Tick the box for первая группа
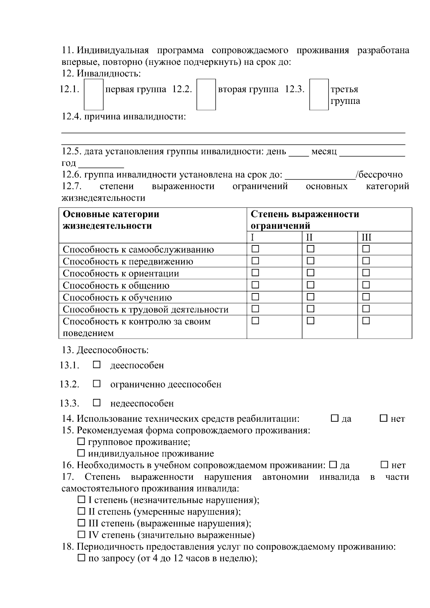tap(94, 94)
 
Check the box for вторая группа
tap(206, 94)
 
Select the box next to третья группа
tap(319, 94)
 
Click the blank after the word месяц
tap(372, 152)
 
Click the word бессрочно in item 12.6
tap(381, 175)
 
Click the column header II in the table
tap(309, 237)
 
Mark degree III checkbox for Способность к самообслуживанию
tap(366, 249)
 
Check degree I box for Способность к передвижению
tap(255, 260)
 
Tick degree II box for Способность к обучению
tap(311, 297)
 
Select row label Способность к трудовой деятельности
tap(145, 309)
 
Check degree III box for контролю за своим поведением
tap(366, 321)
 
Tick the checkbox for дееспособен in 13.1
tap(97, 365)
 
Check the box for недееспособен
tap(97, 403)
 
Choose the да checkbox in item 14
tap(335, 418)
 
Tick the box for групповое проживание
tap(82, 442)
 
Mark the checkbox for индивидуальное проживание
tap(82, 453)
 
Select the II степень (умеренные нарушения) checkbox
tap(82, 511)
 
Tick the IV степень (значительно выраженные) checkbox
tap(82, 535)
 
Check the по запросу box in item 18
tap(82, 558)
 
